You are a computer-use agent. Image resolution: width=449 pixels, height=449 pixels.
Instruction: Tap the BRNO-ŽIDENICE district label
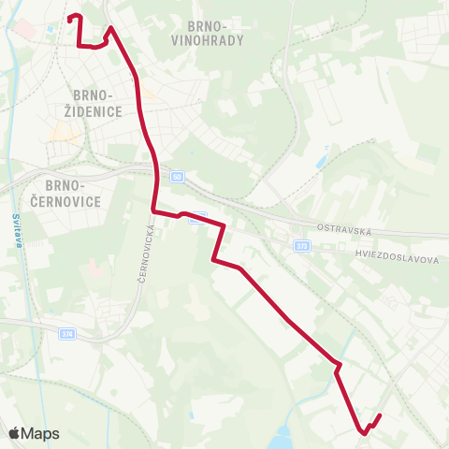click(x=92, y=103)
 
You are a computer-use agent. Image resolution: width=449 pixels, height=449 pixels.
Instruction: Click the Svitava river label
click(x=17, y=230)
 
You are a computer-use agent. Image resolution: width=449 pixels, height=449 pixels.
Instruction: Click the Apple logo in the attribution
click(x=14, y=433)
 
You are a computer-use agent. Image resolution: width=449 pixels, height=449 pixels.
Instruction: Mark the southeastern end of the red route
click(x=381, y=414)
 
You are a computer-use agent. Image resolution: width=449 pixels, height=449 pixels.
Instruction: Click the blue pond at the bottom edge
click(x=282, y=437)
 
